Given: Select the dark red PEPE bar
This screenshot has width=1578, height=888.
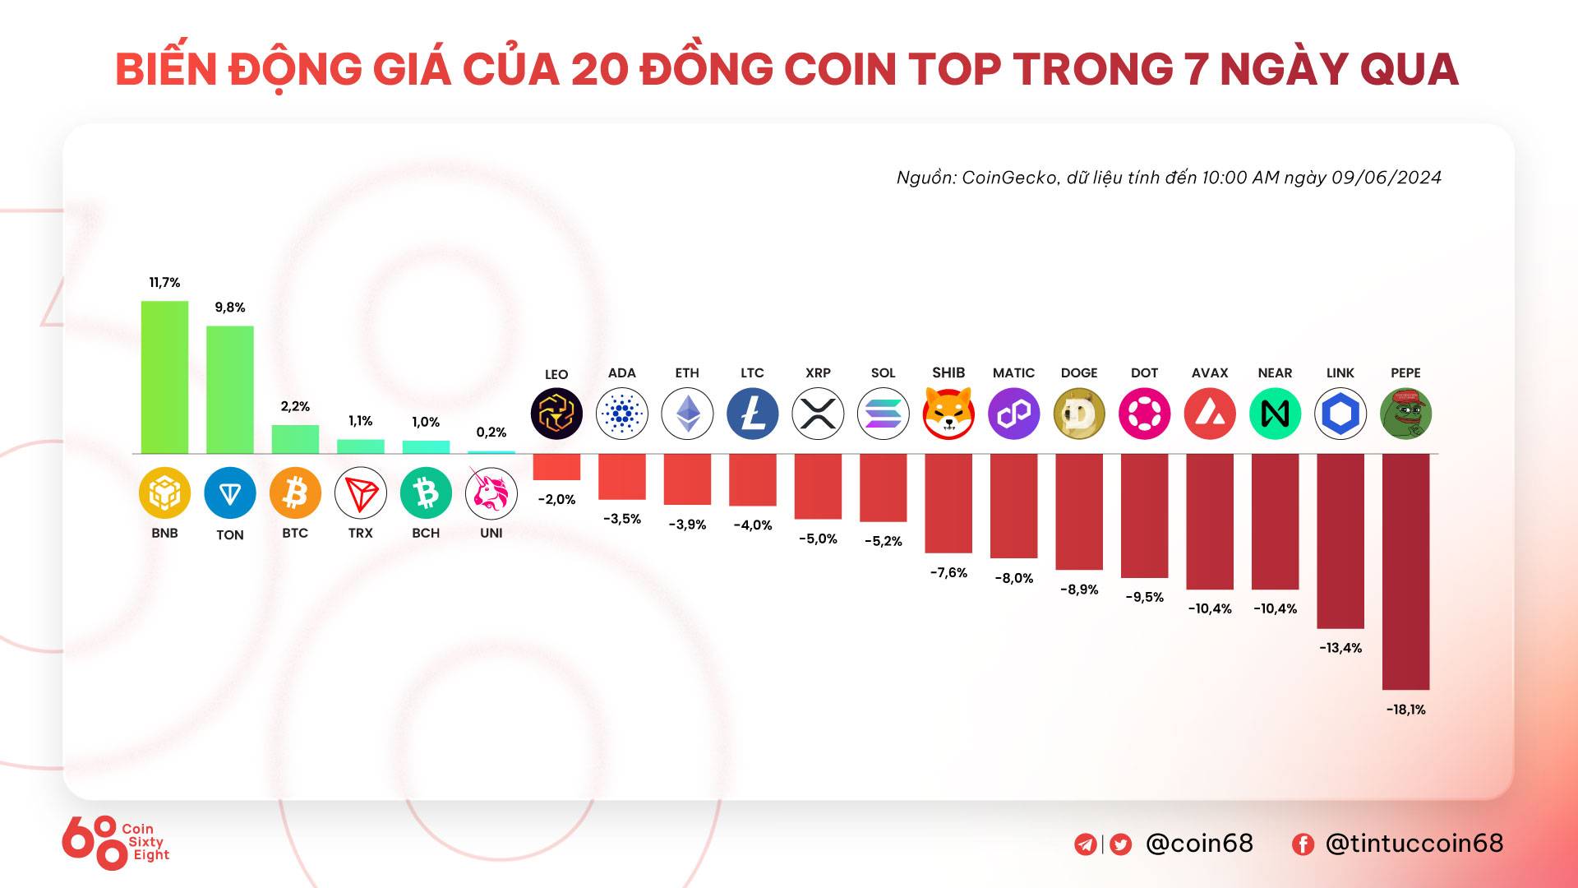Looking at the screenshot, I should click(1405, 571).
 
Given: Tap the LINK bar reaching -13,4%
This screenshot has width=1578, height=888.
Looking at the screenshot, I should click(1340, 540).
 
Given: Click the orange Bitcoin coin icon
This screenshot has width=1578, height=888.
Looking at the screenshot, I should click(295, 493).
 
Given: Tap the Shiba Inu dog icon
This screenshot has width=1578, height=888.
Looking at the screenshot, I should click(948, 413).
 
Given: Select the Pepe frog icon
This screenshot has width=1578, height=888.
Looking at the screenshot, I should click(1405, 413).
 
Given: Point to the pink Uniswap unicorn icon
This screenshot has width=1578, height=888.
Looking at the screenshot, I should click(491, 493).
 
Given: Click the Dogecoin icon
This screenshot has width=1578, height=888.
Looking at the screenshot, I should click(1079, 413).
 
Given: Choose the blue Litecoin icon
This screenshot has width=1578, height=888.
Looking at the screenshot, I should click(752, 413).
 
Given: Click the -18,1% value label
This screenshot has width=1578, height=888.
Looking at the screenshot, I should click(1405, 710).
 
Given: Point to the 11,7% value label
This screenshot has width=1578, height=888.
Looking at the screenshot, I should click(164, 282).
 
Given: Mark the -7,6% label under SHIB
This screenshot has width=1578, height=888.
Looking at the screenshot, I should click(948, 572).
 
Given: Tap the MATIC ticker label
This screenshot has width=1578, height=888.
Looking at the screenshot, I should click(1013, 372).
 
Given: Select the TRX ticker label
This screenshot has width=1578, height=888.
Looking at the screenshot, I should click(360, 533).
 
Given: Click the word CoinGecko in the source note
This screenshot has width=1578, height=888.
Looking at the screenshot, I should click(1010, 178).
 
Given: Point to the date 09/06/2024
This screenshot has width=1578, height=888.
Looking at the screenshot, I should click(1387, 178).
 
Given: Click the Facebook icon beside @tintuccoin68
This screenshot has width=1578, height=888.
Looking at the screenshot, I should click(1303, 844).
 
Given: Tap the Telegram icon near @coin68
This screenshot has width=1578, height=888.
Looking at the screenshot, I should click(1085, 844).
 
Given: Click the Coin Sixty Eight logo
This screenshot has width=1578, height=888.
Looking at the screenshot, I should click(115, 842).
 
